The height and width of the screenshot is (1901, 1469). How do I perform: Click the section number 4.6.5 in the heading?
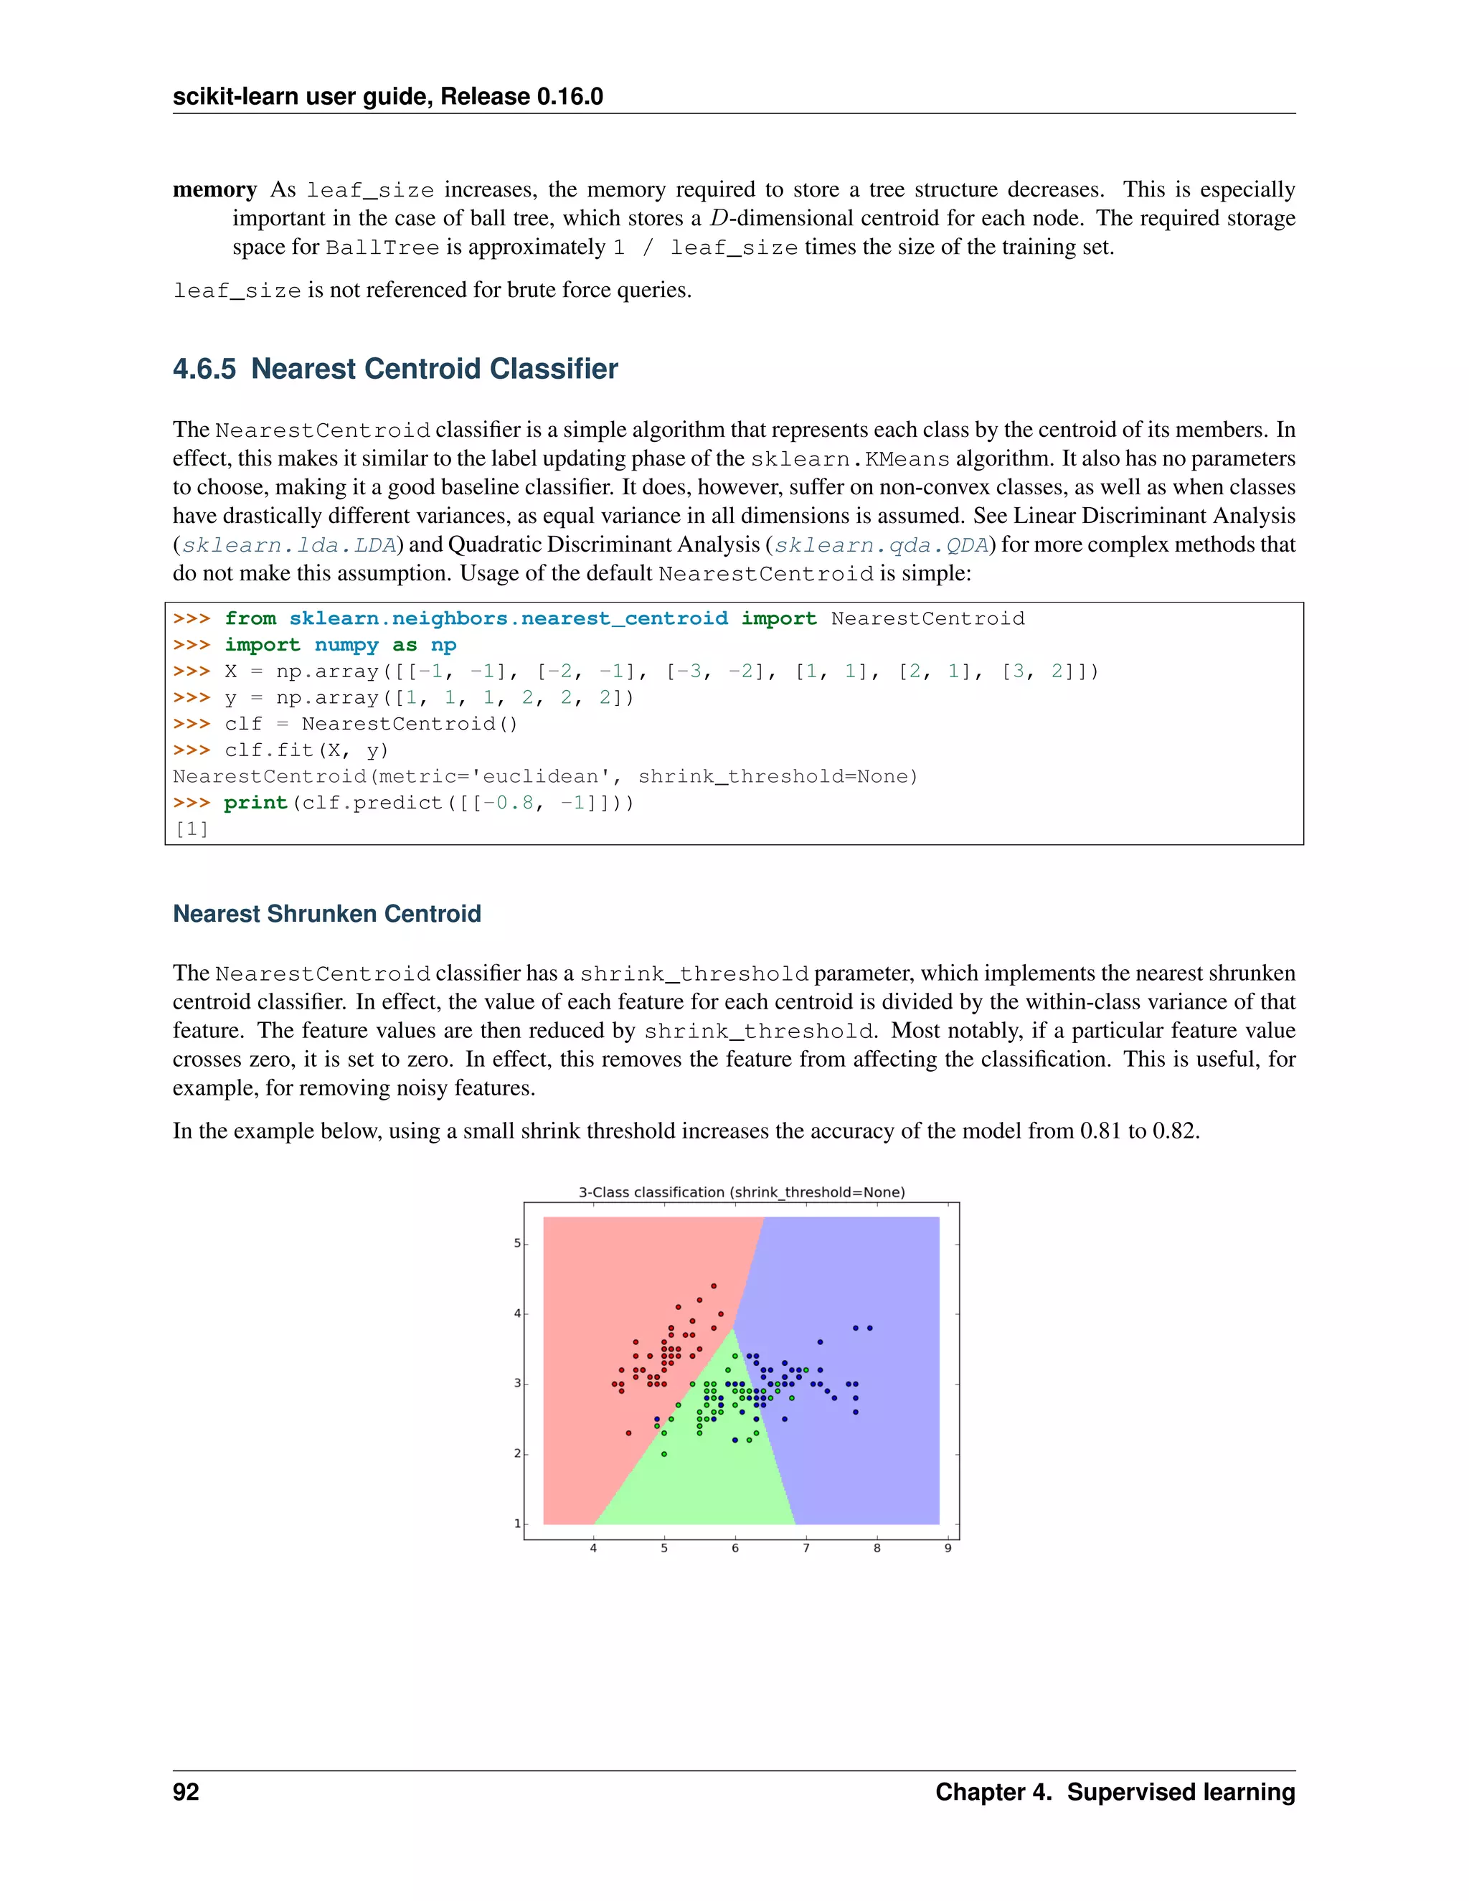[204, 369]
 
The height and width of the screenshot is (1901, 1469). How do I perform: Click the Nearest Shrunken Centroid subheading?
[326, 914]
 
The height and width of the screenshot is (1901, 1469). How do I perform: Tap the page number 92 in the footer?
[186, 1792]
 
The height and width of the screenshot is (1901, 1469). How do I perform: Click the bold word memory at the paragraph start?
[215, 190]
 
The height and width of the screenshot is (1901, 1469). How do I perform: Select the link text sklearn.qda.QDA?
[882, 546]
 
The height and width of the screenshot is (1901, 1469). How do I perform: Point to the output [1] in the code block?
[192, 829]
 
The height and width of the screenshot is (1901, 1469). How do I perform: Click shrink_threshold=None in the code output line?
[777, 776]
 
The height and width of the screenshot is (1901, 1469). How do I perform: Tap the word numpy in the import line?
[346, 645]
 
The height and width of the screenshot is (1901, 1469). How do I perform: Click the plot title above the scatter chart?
[742, 1192]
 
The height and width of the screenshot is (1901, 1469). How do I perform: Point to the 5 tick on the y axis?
[517, 1243]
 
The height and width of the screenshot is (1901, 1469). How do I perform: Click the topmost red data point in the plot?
[714, 1286]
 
